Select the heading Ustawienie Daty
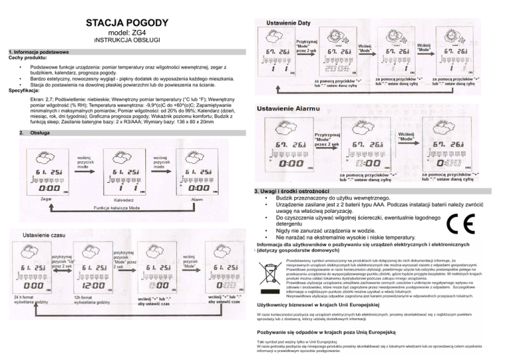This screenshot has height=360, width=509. coord(288,24)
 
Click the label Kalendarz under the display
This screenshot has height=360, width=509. coord(125,198)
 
